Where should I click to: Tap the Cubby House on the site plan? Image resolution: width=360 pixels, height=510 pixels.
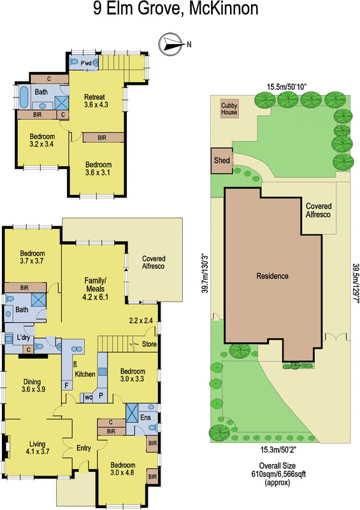coord(229,108)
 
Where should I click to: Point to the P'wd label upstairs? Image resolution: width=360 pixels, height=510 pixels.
coord(87,62)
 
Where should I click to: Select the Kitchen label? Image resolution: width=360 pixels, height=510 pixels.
coord(85,374)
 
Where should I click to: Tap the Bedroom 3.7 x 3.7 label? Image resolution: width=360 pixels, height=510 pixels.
coord(31,256)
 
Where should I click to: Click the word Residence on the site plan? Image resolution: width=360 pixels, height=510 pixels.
coord(273,276)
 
